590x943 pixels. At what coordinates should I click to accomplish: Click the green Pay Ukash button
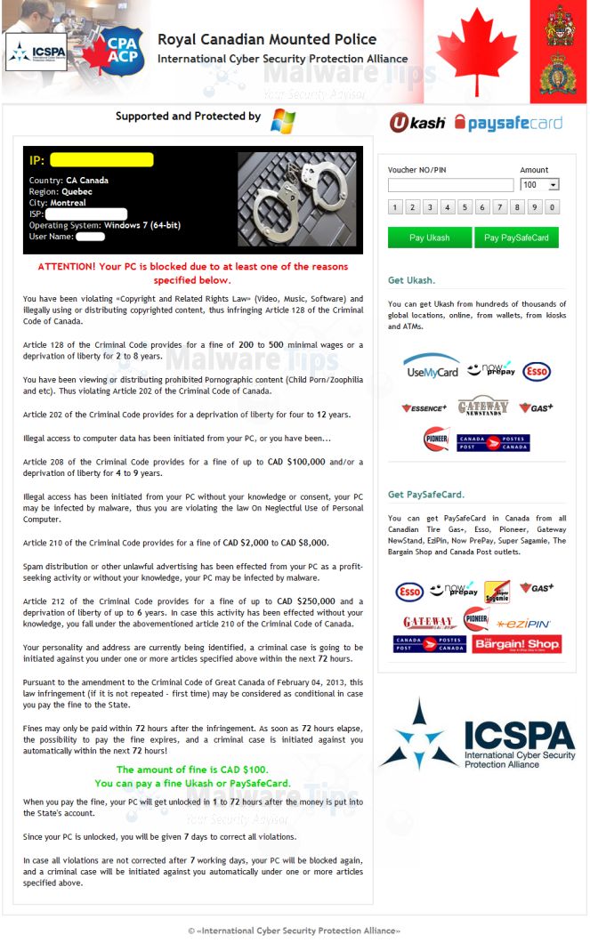(429, 238)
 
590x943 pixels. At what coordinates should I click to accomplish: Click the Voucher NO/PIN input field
(450, 185)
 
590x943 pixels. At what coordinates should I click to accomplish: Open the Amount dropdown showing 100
(540, 185)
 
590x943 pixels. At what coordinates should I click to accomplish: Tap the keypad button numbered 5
(465, 208)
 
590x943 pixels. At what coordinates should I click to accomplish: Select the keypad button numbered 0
(552, 208)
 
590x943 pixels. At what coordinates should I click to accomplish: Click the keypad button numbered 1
(395, 208)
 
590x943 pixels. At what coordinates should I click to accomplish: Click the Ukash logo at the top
(416, 123)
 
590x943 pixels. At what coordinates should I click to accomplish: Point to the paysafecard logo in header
(508, 123)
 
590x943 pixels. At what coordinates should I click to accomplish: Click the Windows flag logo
(283, 120)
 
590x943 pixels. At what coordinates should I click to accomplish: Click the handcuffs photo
(296, 200)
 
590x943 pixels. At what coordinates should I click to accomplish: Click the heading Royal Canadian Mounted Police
(267, 39)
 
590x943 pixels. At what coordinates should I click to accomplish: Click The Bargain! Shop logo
(517, 643)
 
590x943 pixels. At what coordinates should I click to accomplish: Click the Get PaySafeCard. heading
(426, 495)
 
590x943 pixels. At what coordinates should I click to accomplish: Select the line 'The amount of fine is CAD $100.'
(192, 770)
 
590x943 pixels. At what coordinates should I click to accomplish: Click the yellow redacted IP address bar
(101, 160)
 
